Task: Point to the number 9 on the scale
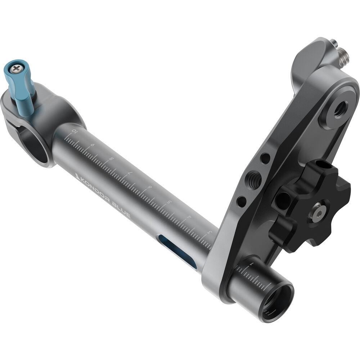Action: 93,145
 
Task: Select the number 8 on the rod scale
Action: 112,159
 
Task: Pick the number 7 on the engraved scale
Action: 131,173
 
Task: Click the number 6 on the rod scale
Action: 150,187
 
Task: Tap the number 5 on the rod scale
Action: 170,202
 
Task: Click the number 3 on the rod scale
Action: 209,232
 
